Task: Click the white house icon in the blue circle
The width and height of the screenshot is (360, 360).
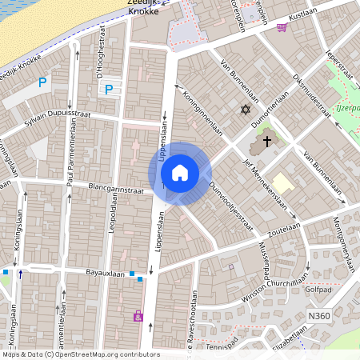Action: pos(180,173)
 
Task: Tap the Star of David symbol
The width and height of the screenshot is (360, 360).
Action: pos(246,110)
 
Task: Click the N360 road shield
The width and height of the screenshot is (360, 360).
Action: pos(318,317)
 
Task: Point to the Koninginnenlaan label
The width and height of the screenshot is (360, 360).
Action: pos(203,113)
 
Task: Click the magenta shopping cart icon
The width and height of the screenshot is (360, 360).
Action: pos(282,27)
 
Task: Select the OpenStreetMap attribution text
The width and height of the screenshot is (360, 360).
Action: pos(80,354)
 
